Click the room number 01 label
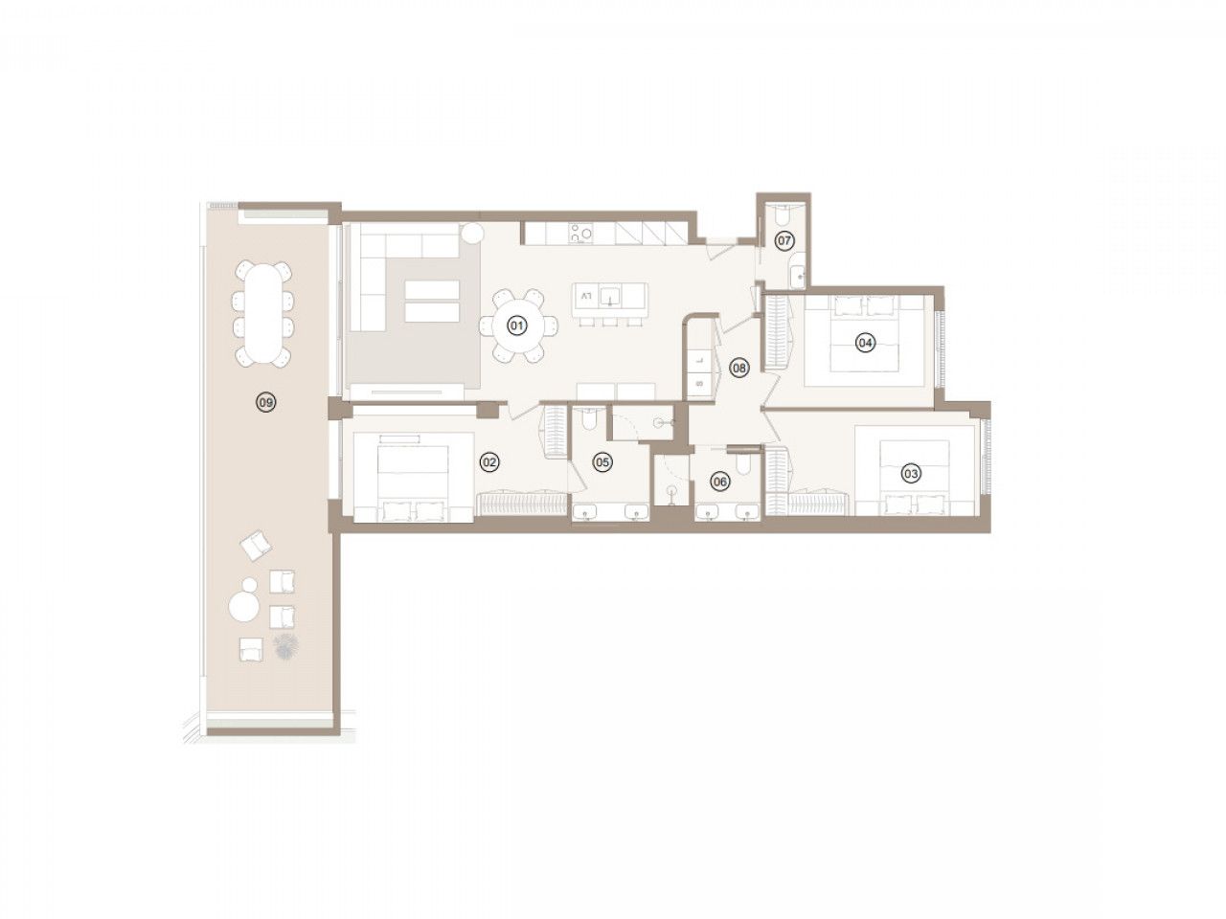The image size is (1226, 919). pyautogui.click(x=516, y=325)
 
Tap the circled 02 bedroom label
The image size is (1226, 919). pyautogui.click(x=489, y=461)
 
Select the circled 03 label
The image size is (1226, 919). pyautogui.click(x=910, y=473)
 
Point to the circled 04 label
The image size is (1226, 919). pyautogui.click(x=864, y=342)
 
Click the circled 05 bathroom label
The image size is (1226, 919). pyautogui.click(x=602, y=461)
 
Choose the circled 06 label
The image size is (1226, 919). pyautogui.click(x=720, y=481)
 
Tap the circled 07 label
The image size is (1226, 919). pyautogui.click(x=783, y=240)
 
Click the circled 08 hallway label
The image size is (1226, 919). pyautogui.click(x=738, y=368)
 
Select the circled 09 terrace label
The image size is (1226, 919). pyautogui.click(x=266, y=401)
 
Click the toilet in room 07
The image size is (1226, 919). pyautogui.click(x=783, y=213)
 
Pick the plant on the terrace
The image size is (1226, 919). pyautogui.click(x=284, y=645)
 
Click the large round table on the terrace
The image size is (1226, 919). pyautogui.click(x=243, y=607)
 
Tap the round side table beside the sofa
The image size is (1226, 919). pyautogui.click(x=472, y=232)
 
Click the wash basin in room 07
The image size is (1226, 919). pyautogui.click(x=798, y=275)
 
